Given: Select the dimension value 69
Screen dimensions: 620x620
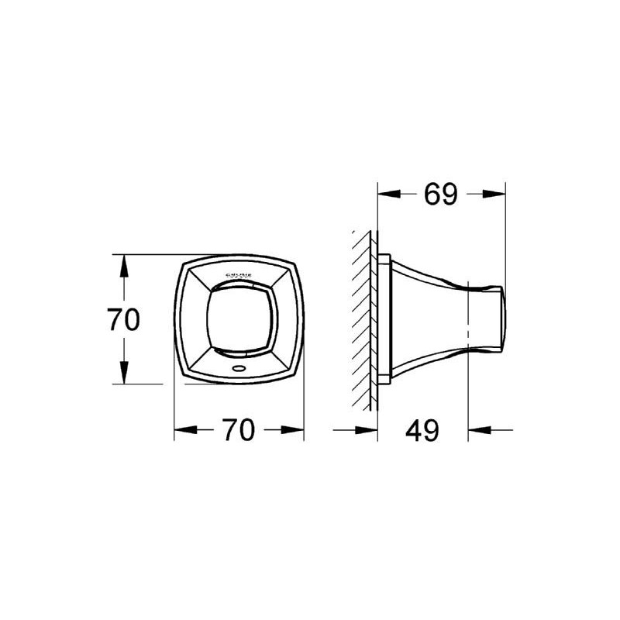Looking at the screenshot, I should point(441,194).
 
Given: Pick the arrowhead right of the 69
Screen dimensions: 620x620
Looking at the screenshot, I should point(495,195).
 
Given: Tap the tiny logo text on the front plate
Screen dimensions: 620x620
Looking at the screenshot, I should point(238,277).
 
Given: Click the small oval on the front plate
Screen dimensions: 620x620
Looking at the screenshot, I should point(238,370).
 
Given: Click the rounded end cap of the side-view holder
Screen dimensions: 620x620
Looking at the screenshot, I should point(500,319).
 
